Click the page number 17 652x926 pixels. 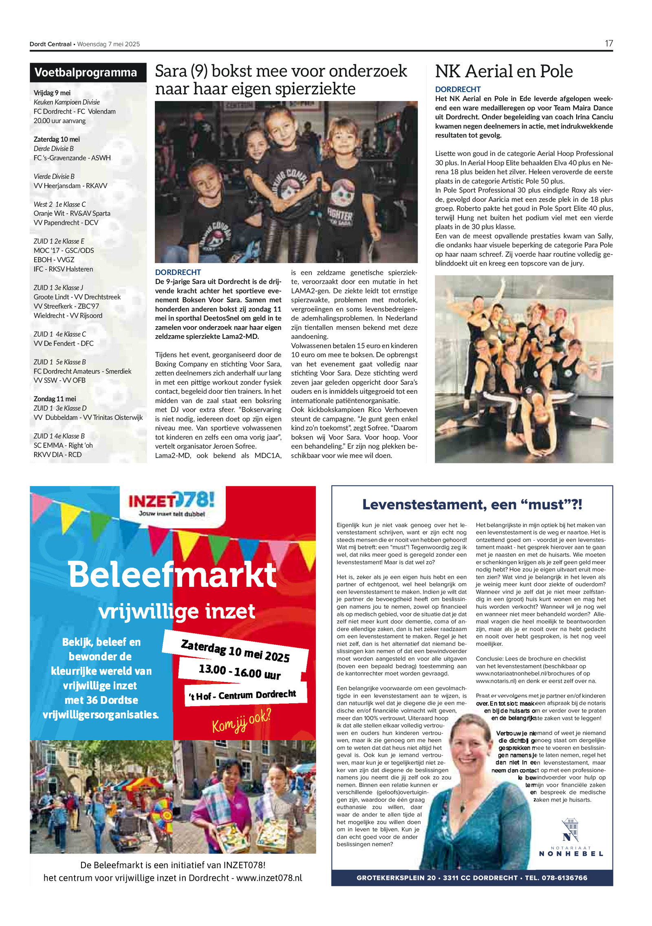point(608,44)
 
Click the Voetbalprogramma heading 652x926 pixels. point(86,72)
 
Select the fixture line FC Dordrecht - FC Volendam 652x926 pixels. point(75,112)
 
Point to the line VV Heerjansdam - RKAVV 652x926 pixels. point(70,186)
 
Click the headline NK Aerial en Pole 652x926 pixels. point(504,72)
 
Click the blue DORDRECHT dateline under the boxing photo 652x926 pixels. point(178,272)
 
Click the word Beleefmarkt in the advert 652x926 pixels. point(172,574)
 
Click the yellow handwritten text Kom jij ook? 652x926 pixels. point(241,721)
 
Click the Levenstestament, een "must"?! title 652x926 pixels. point(472,505)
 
